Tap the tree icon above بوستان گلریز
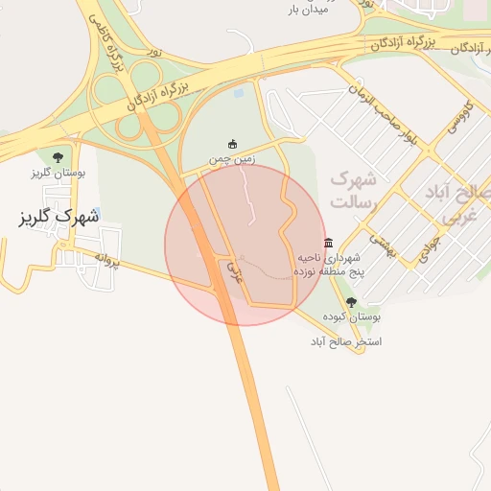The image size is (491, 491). click(58, 156)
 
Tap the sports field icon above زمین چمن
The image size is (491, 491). click(232, 145)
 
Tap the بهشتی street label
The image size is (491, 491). click(383, 247)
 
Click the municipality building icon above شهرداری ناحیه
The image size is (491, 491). click(329, 243)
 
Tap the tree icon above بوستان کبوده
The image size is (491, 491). click(350, 301)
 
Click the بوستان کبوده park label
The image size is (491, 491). click(351, 316)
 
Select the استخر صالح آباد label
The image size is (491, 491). click(345, 340)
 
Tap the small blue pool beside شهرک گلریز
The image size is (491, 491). click(98, 213)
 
